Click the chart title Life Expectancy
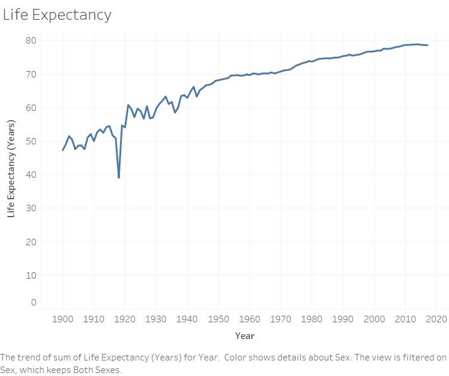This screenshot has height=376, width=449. point(57,15)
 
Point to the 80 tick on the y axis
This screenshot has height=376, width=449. point(31,41)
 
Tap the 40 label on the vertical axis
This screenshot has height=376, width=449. point(31,174)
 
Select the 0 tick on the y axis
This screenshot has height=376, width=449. point(34,302)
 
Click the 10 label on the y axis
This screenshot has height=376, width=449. point(31,276)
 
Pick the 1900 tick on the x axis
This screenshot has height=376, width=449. point(63,319)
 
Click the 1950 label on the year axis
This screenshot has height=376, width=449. point(219,319)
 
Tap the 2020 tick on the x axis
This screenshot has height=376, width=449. point(436,319)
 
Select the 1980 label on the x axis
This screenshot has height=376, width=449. point(312,319)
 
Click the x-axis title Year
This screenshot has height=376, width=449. point(245,335)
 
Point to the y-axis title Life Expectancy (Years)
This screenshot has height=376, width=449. point(11,168)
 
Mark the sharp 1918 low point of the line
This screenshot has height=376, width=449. point(119,177)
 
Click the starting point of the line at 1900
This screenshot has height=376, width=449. point(63,150)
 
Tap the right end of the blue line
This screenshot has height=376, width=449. point(428,45)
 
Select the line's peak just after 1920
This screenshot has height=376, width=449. point(128,105)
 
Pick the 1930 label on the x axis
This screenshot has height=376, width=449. point(156,319)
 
